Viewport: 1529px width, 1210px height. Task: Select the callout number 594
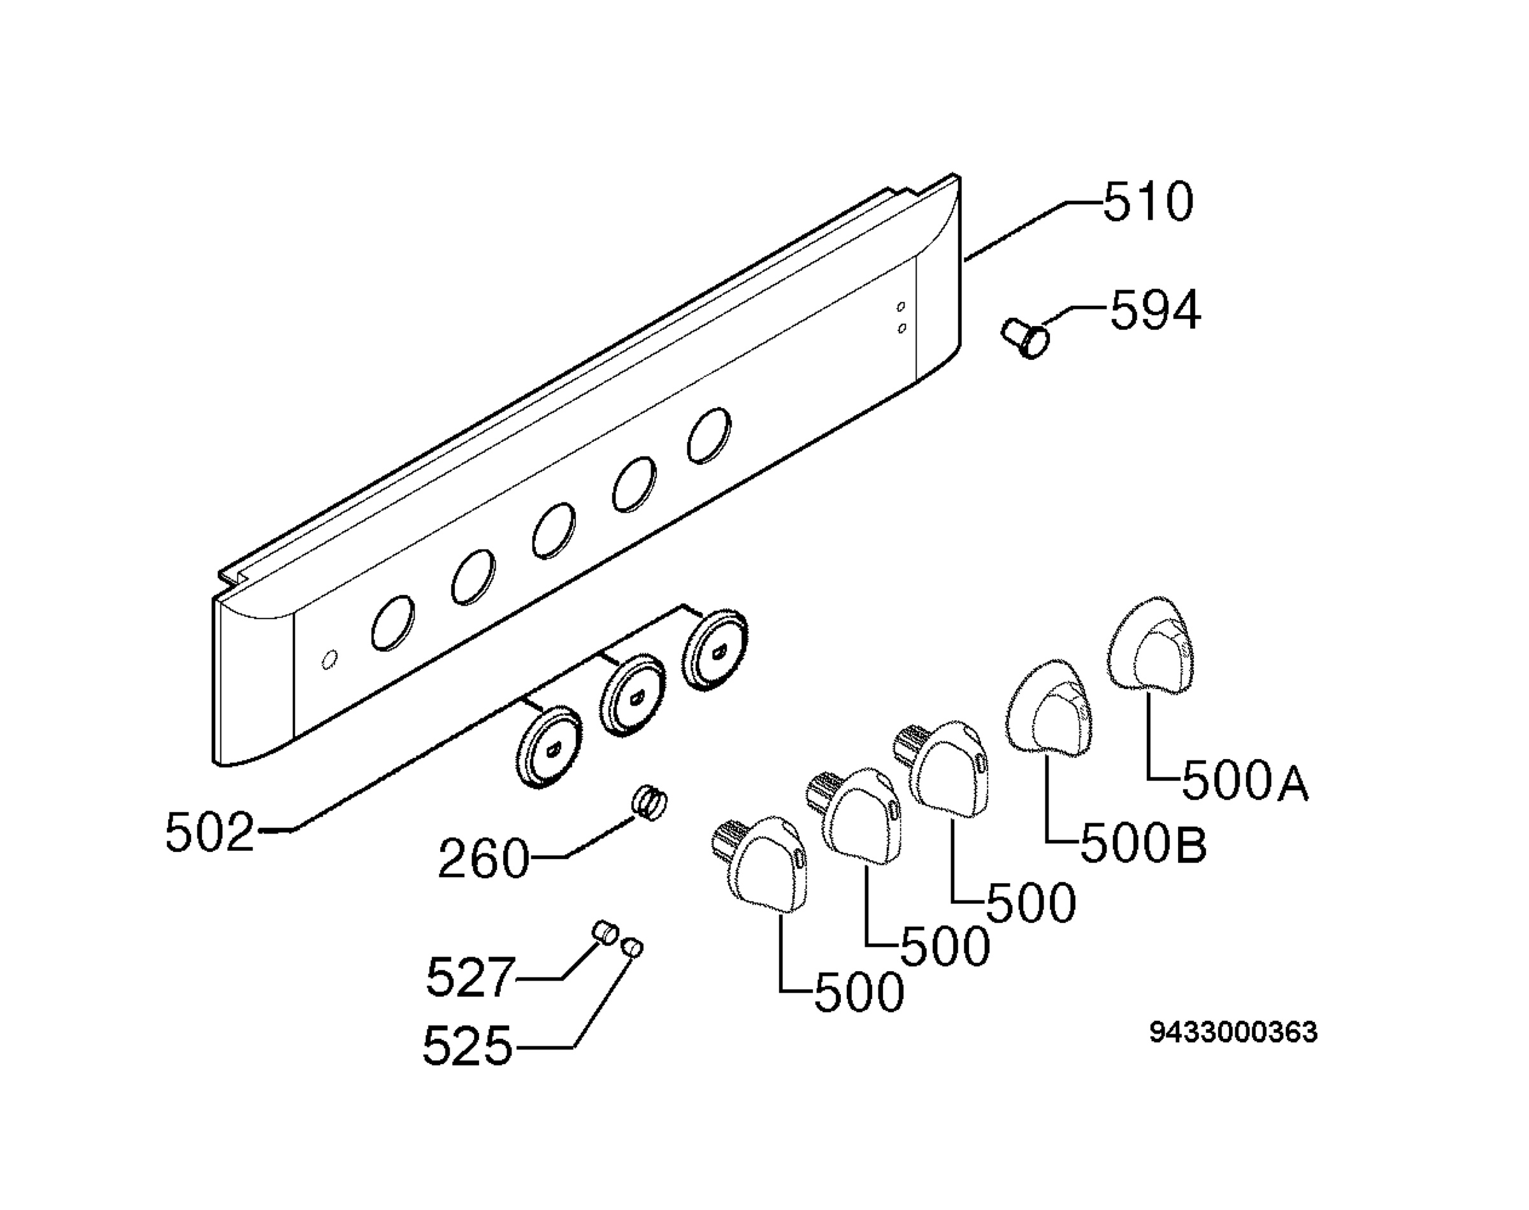click(x=1155, y=310)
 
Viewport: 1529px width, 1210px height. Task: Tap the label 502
click(x=210, y=832)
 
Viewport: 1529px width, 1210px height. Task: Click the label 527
click(x=469, y=977)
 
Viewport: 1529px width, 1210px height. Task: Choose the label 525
click(x=467, y=1046)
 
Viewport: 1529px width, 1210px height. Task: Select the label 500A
click(x=1245, y=781)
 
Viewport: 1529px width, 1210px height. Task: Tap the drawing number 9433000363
click(x=1233, y=1033)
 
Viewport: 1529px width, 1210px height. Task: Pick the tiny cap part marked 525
click(x=632, y=946)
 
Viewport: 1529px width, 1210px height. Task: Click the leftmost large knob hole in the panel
click(x=392, y=623)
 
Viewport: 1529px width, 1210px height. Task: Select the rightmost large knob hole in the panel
click(x=709, y=436)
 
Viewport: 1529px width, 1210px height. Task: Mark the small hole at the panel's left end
click(x=329, y=660)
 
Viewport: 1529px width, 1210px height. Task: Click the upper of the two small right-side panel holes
click(x=901, y=307)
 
